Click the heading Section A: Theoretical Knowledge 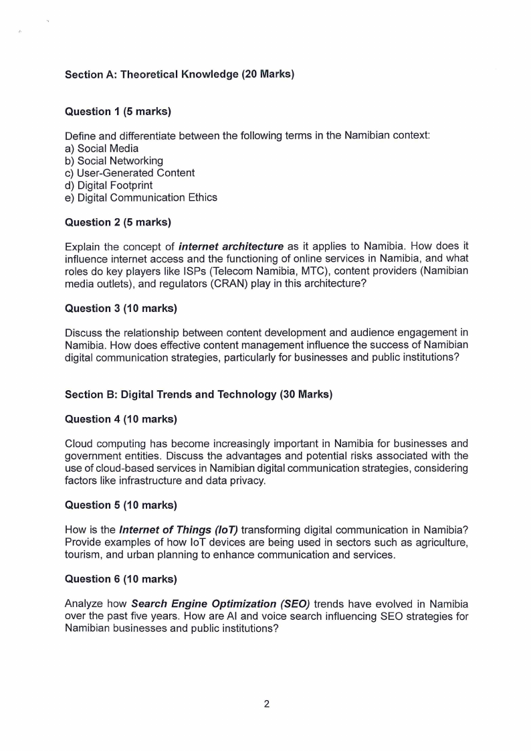click(x=179, y=74)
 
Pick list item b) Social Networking click(x=114, y=161)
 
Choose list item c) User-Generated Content click(x=130, y=173)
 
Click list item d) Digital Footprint click(x=108, y=185)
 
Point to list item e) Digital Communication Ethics click(x=141, y=197)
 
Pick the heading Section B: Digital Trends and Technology click(x=198, y=394)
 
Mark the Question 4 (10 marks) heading click(x=120, y=419)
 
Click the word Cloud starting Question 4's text click(x=79, y=443)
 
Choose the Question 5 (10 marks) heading click(x=120, y=505)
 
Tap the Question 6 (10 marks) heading click(x=120, y=578)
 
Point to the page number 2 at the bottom click(x=266, y=703)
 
